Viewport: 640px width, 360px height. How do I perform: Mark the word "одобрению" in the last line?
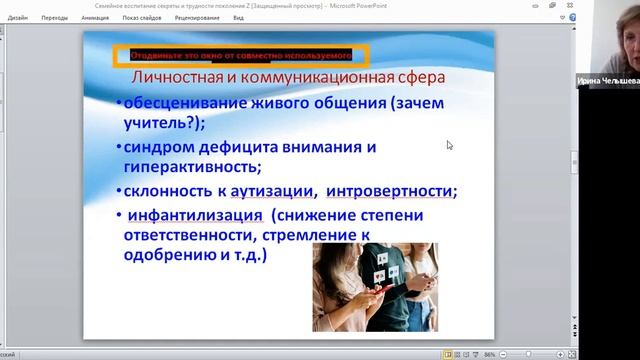click(163, 255)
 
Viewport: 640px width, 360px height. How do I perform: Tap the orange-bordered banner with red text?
click(239, 55)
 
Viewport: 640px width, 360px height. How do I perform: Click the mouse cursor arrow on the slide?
click(450, 145)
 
